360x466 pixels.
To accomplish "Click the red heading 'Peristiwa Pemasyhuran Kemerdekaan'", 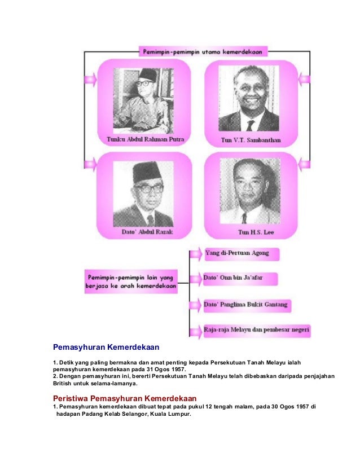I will point(124,398).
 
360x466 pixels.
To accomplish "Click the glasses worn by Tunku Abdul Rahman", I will point(145,83).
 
